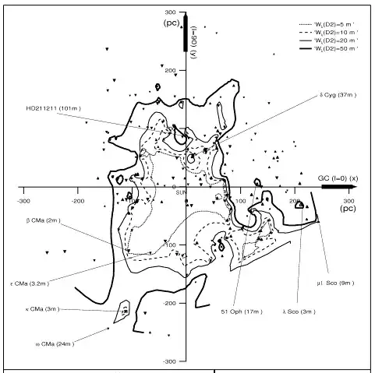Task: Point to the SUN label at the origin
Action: pyautogui.click(x=181, y=192)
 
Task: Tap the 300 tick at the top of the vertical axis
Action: pyautogui.click(x=172, y=13)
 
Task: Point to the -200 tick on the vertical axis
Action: pyautogui.click(x=170, y=304)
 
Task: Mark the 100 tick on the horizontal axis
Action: pyautogui.click(x=240, y=201)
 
